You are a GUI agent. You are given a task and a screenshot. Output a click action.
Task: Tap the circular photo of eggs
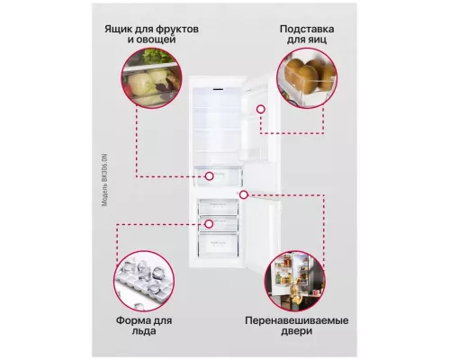pyautogui.click(x=300, y=78)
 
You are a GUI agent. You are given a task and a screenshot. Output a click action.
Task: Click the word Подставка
pyautogui.click(x=301, y=27)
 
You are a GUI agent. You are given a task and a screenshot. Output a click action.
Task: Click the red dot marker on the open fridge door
pyautogui.click(x=260, y=108)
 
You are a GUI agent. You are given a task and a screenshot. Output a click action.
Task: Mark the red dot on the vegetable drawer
pyautogui.click(x=208, y=176)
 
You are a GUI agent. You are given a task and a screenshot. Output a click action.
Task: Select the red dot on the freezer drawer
pyautogui.click(x=208, y=223)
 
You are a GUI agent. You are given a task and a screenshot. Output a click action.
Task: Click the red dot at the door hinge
pyautogui.click(x=244, y=193)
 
